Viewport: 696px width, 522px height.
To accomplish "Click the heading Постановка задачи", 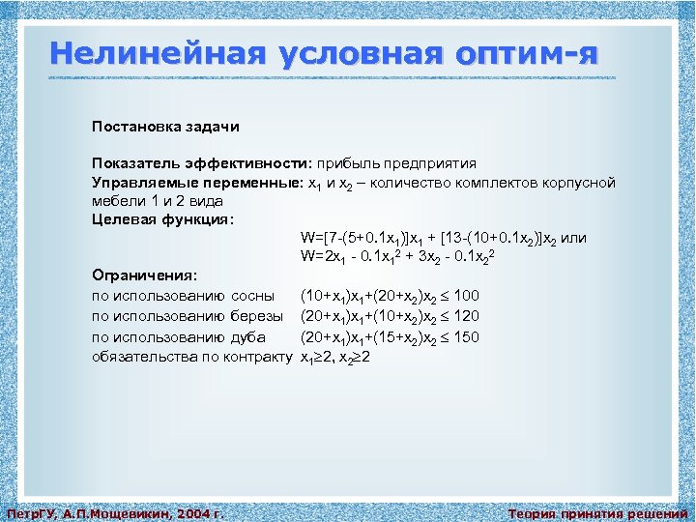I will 165,127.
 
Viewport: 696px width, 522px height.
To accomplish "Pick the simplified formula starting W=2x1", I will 399,256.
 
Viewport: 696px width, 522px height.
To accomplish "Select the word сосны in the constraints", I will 252,295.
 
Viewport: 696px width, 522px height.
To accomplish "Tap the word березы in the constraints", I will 257,315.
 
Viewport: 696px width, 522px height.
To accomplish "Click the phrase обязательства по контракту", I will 191,357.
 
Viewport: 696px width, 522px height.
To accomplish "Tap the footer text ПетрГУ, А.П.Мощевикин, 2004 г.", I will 115,513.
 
